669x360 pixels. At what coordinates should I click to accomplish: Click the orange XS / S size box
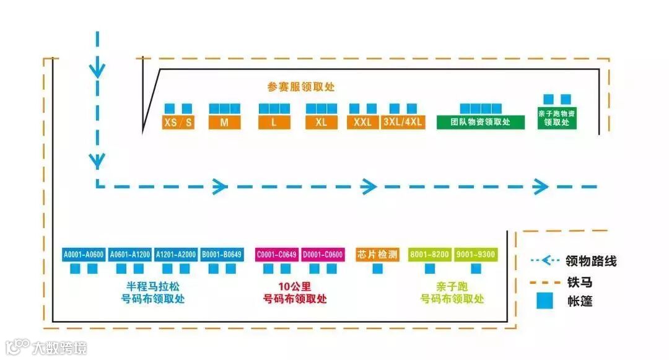(178, 122)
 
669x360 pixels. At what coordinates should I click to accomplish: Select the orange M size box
(224, 122)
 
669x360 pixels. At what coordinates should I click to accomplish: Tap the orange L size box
(274, 122)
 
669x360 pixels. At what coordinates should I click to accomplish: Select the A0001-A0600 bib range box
(84, 255)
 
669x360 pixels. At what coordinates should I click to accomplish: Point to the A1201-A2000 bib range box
(176, 255)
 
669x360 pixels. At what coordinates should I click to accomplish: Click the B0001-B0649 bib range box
(222, 255)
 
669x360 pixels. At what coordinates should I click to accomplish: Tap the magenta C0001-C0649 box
(276, 255)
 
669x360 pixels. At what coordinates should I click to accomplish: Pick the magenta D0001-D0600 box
(323, 255)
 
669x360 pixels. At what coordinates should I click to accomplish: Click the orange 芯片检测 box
(378, 255)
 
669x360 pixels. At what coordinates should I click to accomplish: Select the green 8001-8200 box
(429, 255)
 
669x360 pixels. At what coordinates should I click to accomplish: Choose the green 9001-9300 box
(476, 255)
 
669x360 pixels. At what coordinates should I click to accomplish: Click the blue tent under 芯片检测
(377, 269)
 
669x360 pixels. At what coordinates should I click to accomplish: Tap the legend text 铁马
(580, 282)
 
